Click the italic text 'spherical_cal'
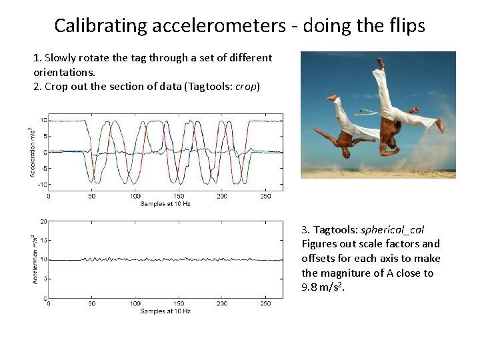(392, 229)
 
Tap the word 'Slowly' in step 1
(61, 58)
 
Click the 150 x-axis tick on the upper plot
(179, 197)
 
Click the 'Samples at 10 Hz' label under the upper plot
(165, 204)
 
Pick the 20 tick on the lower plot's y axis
(43, 221)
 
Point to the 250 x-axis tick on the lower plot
(265, 304)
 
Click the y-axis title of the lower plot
(33, 259)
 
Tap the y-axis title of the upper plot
(31, 152)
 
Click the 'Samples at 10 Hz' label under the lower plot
(165, 311)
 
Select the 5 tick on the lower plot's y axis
(44, 279)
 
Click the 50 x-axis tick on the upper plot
(92, 197)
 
